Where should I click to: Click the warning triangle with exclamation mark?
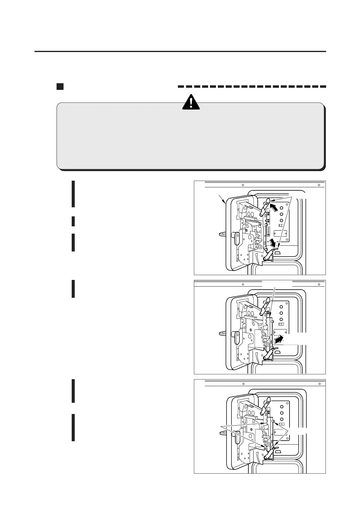(191, 102)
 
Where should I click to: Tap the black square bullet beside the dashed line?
(60, 87)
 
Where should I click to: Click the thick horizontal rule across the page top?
(180, 51)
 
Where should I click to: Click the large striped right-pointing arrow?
(279, 339)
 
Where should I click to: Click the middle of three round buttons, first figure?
(281, 214)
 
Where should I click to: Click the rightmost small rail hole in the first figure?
(319, 185)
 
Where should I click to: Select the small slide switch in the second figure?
(281, 324)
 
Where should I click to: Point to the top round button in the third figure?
(281, 407)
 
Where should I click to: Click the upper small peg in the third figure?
(273, 421)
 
